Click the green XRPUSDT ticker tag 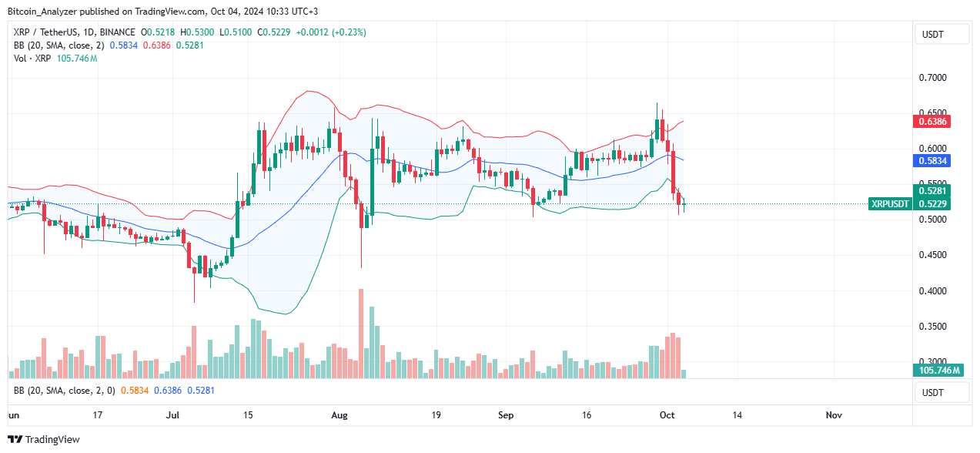(889, 203)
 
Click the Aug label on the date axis (339, 415)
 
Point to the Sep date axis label (506, 415)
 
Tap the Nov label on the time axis (833, 415)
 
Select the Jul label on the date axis (172, 415)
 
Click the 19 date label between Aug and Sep (436, 415)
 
